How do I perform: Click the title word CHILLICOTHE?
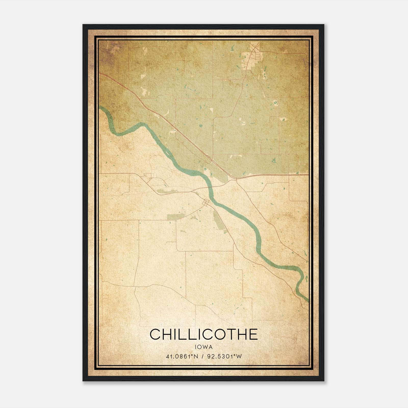203,334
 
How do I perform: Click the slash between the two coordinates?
203,356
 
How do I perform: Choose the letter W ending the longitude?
239,356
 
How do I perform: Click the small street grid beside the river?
206,203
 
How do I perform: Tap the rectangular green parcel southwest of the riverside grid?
174,217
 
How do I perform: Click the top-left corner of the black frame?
83,25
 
